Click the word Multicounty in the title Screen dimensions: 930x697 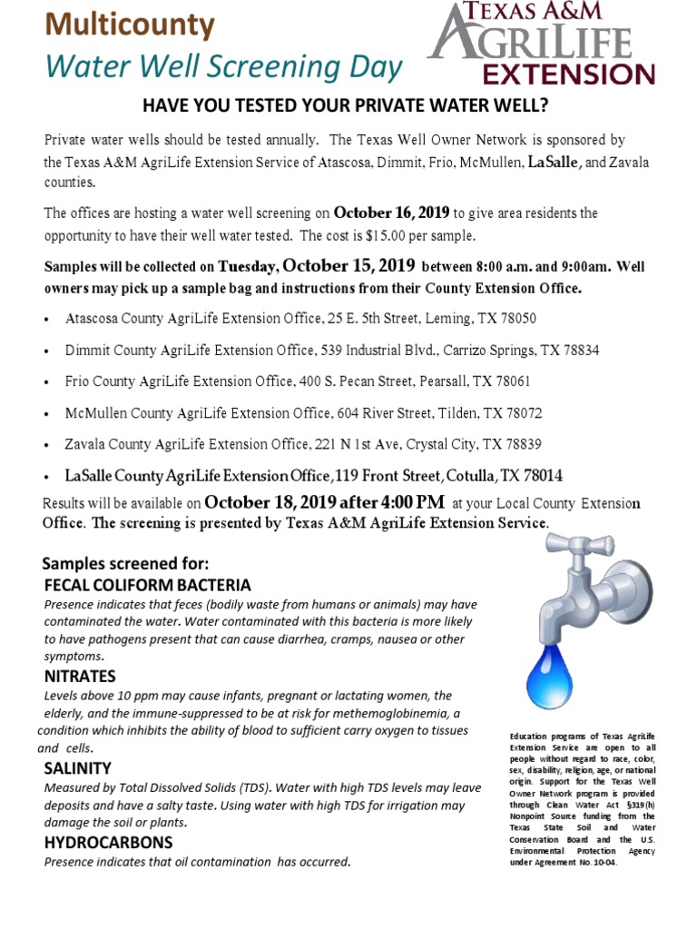[x=131, y=25]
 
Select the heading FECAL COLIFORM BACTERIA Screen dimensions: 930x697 [x=148, y=584]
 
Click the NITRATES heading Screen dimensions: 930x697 [x=80, y=677]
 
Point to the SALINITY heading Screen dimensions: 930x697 [x=78, y=768]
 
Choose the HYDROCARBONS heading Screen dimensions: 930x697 [x=109, y=843]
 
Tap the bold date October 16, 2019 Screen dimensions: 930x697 [x=392, y=213]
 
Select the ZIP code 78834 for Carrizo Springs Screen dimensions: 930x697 [x=578, y=350]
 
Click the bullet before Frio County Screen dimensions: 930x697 [x=47, y=382]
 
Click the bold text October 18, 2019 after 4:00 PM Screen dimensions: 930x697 [x=325, y=502]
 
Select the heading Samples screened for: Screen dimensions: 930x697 [x=126, y=562]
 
